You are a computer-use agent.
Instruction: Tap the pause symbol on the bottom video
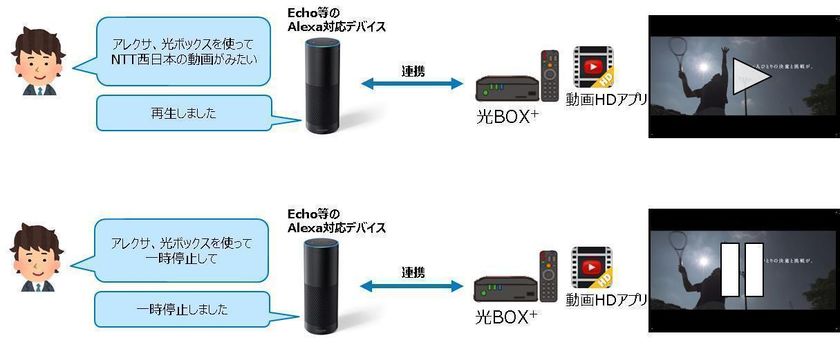click(x=741, y=271)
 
